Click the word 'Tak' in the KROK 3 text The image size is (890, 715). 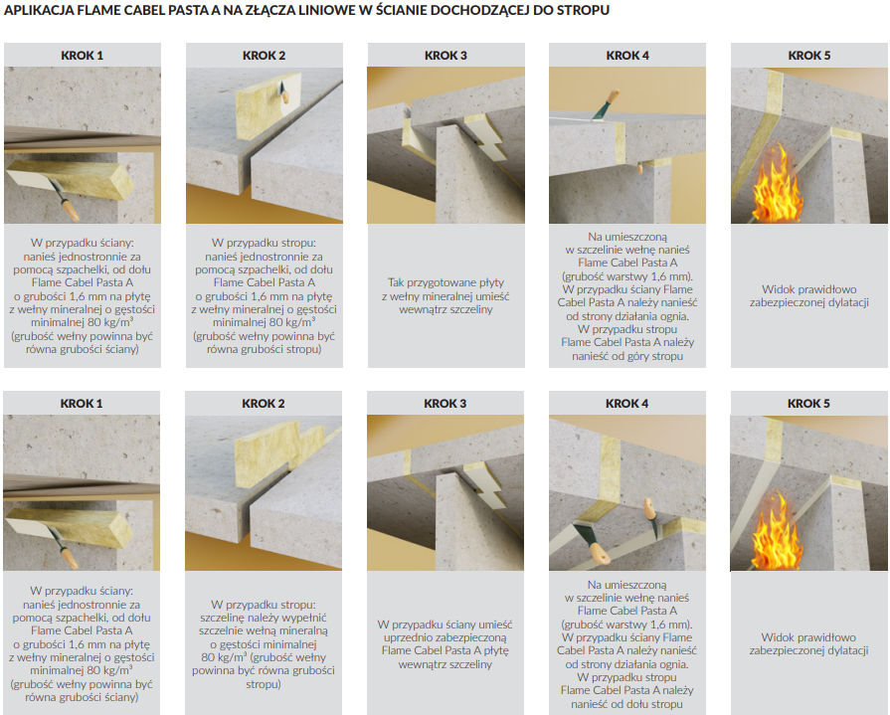[x=396, y=282]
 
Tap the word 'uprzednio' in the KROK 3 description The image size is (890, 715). [x=407, y=637]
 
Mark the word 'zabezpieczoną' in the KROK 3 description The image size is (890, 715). [x=469, y=637]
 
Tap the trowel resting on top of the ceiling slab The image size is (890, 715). [x=606, y=105]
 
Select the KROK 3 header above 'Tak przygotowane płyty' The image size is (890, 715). [x=445, y=56]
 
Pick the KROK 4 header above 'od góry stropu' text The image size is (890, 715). [x=627, y=56]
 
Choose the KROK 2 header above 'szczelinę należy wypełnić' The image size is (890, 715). [x=264, y=404]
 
